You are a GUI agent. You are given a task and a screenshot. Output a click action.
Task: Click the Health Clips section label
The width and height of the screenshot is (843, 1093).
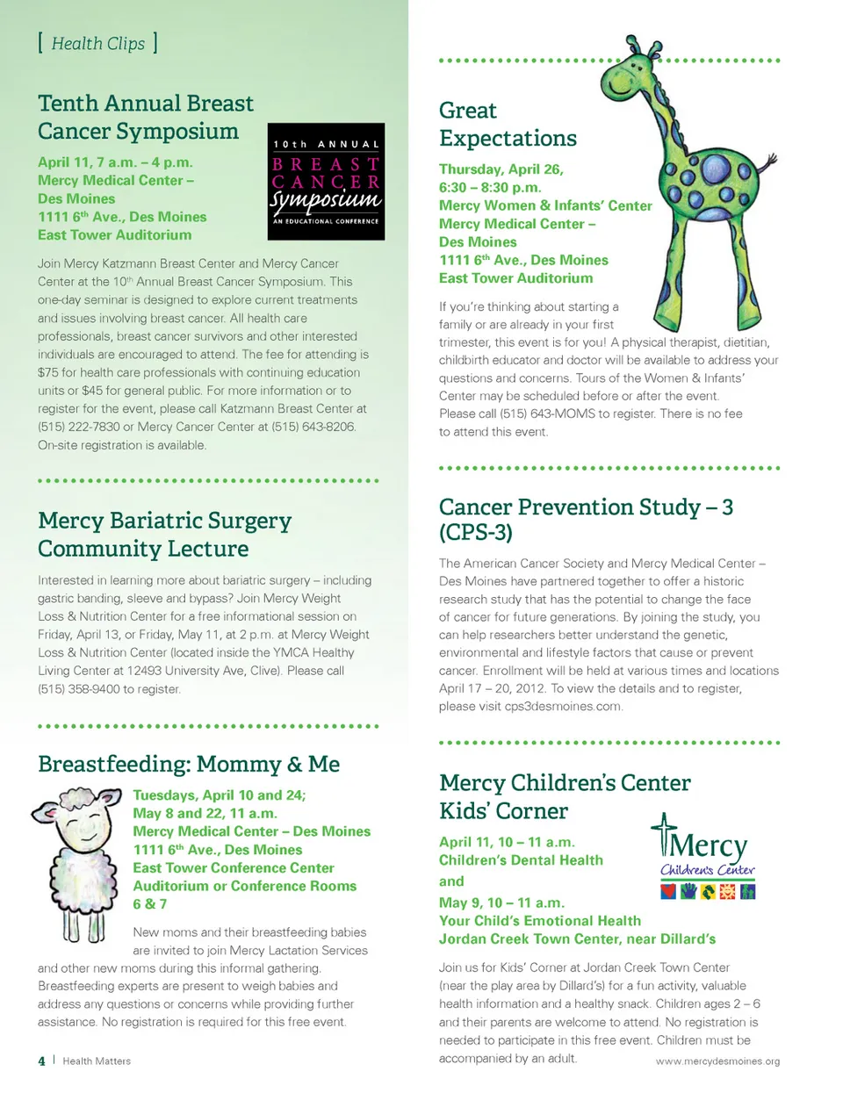coord(97,43)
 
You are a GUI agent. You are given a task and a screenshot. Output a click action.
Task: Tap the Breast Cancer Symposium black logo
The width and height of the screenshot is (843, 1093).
coord(326,182)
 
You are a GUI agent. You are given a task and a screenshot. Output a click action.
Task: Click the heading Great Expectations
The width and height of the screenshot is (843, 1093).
coord(507,125)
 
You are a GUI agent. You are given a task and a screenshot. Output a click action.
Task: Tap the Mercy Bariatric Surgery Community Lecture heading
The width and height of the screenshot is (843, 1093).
coord(164,534)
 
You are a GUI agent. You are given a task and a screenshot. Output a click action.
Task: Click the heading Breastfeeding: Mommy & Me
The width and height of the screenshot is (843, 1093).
coord(188,764)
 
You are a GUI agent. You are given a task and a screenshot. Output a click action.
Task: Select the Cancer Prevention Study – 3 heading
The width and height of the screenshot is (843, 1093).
coord(585,519)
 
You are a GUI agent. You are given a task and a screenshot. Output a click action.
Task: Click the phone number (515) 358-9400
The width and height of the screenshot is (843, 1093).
coord(73,689)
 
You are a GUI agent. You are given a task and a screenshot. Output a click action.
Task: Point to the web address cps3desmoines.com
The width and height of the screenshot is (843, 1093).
coord(563,707)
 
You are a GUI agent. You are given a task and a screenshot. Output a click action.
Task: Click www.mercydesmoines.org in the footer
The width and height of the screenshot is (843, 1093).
coord(717,1061)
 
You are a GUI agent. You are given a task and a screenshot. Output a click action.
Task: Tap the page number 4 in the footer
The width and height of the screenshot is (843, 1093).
coord(41,1061)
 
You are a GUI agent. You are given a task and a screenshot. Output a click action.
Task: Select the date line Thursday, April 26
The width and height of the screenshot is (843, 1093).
coord(501,169)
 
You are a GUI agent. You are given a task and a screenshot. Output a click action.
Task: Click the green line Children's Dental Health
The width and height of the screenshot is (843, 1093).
coord(521,860)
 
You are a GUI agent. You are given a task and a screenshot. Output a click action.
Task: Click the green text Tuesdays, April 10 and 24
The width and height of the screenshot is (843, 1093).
coord(219,795)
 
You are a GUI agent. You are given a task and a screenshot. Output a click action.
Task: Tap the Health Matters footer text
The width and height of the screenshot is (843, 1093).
coord(97,1061)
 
